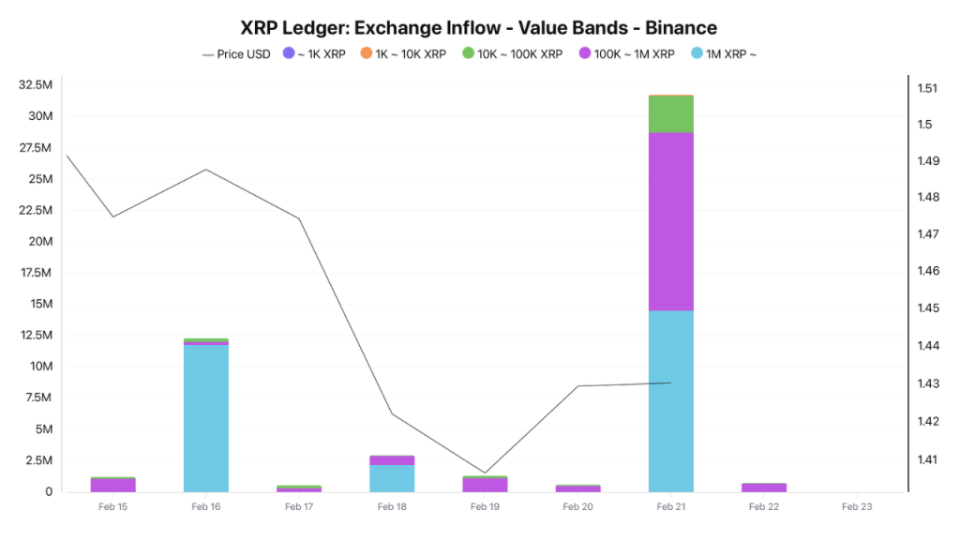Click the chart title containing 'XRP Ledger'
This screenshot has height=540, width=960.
click(x=479, y=27)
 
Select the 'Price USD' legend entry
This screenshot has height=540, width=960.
click(x=237, y=54)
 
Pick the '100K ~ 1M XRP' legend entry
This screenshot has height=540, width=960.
click(x=625, y=54)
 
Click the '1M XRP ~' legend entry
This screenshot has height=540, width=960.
click(x=723, y=54)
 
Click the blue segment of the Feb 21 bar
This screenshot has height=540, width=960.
click(x=671, y=400)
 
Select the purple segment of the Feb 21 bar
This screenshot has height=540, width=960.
click(x=671, y=221)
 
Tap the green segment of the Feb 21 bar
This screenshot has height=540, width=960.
click(x=671, y=113)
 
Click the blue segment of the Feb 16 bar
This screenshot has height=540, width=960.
click(x=206, y=418)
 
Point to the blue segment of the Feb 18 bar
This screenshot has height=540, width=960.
click(x=392, y=478)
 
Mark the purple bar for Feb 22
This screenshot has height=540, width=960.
click(x=764, y=487)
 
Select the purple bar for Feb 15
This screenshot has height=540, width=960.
click(x=113, y=486)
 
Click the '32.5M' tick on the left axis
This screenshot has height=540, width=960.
click(x=35, y=85)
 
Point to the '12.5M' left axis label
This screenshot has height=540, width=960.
click(x=35, y=336)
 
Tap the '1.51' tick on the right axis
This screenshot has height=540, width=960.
click(x=927, y=88)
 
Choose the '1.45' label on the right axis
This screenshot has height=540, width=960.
click(x=927, y=308)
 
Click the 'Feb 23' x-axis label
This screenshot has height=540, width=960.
click(x=856, y=507)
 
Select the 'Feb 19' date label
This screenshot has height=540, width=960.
click(x=485, y=507)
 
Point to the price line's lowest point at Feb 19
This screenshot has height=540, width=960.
click(x=485, y=472)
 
